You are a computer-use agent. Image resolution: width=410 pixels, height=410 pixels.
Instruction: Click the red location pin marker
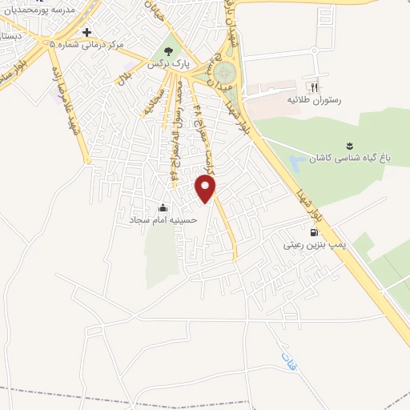tap(206, 188)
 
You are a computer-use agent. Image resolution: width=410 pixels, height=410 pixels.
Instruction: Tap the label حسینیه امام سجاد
tap(163, 218)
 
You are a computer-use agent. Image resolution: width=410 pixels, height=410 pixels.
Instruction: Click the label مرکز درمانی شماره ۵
tap(87, 45)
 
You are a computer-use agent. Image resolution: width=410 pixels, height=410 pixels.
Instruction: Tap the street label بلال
tap(124, 78)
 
